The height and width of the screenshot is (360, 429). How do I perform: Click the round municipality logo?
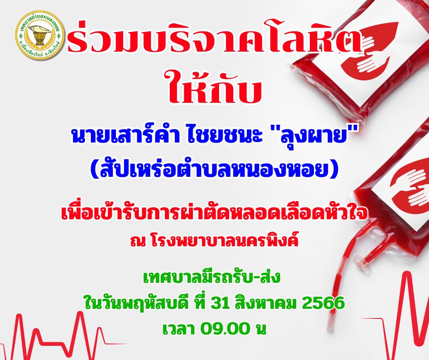tap(40, 35)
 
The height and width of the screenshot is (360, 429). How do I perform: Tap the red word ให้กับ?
tap(215, 86)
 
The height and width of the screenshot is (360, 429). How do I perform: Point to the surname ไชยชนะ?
tap(225, 136)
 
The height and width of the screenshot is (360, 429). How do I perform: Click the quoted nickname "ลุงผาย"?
tap(314, 136)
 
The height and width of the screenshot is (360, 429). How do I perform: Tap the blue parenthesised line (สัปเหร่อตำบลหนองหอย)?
tap(214, 169)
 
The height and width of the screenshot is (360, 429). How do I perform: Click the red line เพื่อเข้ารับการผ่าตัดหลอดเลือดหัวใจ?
tap(214, 213)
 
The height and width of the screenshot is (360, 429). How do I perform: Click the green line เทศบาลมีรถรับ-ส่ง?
tap(212, 277)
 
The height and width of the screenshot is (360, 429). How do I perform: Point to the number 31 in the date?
tap(220, 303)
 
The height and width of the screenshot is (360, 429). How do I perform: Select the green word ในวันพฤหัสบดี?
tap(136, 303)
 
